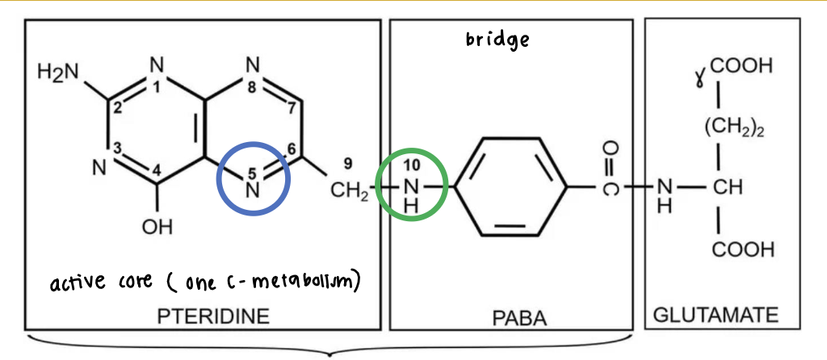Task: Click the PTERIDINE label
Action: click(213, 316)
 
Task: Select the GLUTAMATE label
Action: click(716, 316)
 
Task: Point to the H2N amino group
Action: click(58, 72)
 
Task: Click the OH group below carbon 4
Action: click(157, 227)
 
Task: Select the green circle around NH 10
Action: click(412, 149)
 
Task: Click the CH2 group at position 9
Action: click(349, 190)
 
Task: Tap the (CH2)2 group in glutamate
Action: click(734, 128)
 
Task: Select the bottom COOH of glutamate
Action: click(743, 249)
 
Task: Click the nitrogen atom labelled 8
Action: click(253, 65)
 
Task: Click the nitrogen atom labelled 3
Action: click(99, 169)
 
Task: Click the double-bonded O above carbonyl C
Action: click(609, 149)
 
